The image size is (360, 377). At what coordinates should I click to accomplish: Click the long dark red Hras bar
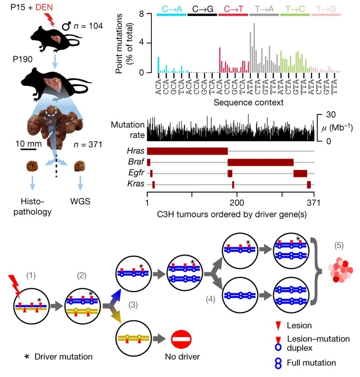coord(187,151)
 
